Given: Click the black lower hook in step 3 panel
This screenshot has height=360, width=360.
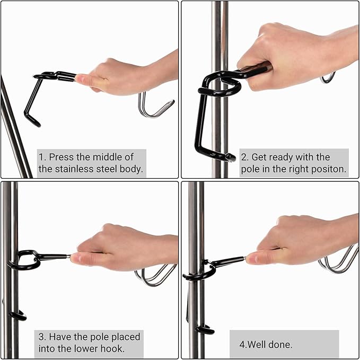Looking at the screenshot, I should pyautogui.click(x=17, y=315).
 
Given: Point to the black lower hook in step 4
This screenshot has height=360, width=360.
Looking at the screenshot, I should pyautogui.click(x=204, y=330).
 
